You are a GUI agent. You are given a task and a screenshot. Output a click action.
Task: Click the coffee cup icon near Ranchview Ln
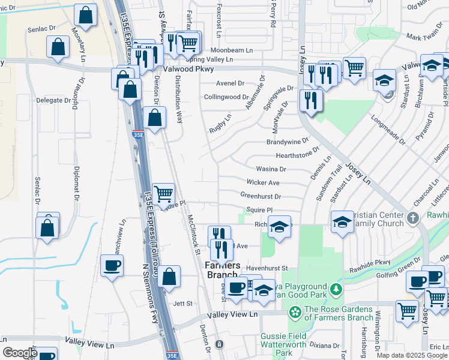click(x=112, y=265)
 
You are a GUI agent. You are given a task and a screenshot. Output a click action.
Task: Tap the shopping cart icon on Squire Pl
click(x=163, y=194)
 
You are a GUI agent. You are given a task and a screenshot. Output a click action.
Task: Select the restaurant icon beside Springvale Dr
click(x=310, y=100)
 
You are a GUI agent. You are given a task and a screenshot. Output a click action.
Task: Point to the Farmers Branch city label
click(x=223, y=270)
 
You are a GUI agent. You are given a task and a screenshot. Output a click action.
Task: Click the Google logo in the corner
click(x=20, y=353)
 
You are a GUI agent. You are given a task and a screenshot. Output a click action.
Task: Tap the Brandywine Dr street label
click(x=288, y=142)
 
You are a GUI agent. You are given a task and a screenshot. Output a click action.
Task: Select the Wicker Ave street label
click(x=263, y=182)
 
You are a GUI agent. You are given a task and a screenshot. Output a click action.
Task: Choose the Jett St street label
click(x=181, y=304)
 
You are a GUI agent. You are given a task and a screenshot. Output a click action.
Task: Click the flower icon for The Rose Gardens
click(x=295, y=312)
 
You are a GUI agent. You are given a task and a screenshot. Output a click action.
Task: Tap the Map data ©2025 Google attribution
click(x=412, y=355)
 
